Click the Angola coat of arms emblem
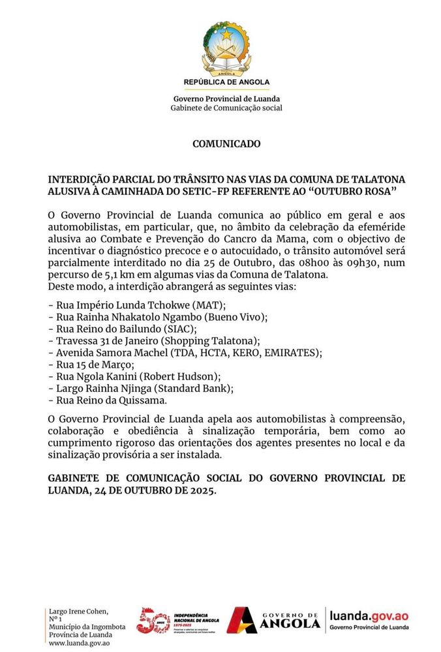tap(226, 48)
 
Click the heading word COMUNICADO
tap(226, 143)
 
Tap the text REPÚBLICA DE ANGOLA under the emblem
tap(226, 82)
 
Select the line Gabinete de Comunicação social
tap(226, 108)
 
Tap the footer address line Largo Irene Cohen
tap(78, 611)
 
